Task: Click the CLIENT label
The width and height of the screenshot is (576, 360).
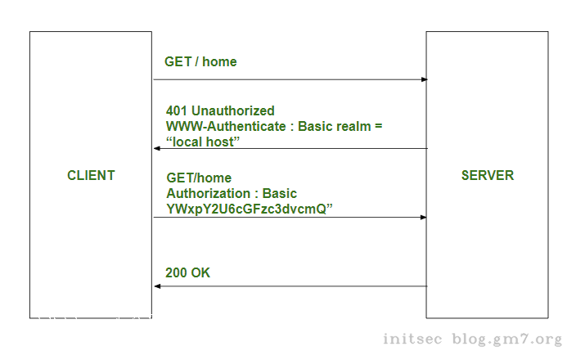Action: [91, 175]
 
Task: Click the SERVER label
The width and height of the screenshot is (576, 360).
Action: [487, 175]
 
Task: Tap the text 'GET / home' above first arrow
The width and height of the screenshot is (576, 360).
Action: [200, 61]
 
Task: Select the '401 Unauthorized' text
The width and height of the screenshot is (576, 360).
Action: [220, 110]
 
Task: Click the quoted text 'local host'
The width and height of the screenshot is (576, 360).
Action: [202, 142]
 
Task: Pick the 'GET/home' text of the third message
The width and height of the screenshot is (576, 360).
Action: [199, 178]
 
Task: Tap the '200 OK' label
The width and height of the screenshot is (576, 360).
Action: [187, 272]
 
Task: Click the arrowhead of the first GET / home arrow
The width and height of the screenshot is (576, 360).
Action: [424, 79]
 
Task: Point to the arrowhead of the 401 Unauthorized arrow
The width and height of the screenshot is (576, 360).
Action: [157, 148]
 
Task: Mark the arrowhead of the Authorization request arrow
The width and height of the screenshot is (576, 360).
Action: [424, 217]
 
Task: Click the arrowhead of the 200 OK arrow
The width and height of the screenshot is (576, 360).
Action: [157, 286]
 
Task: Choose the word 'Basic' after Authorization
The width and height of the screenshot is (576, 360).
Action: [280, 194]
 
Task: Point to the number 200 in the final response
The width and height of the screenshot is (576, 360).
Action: [176, 272]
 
